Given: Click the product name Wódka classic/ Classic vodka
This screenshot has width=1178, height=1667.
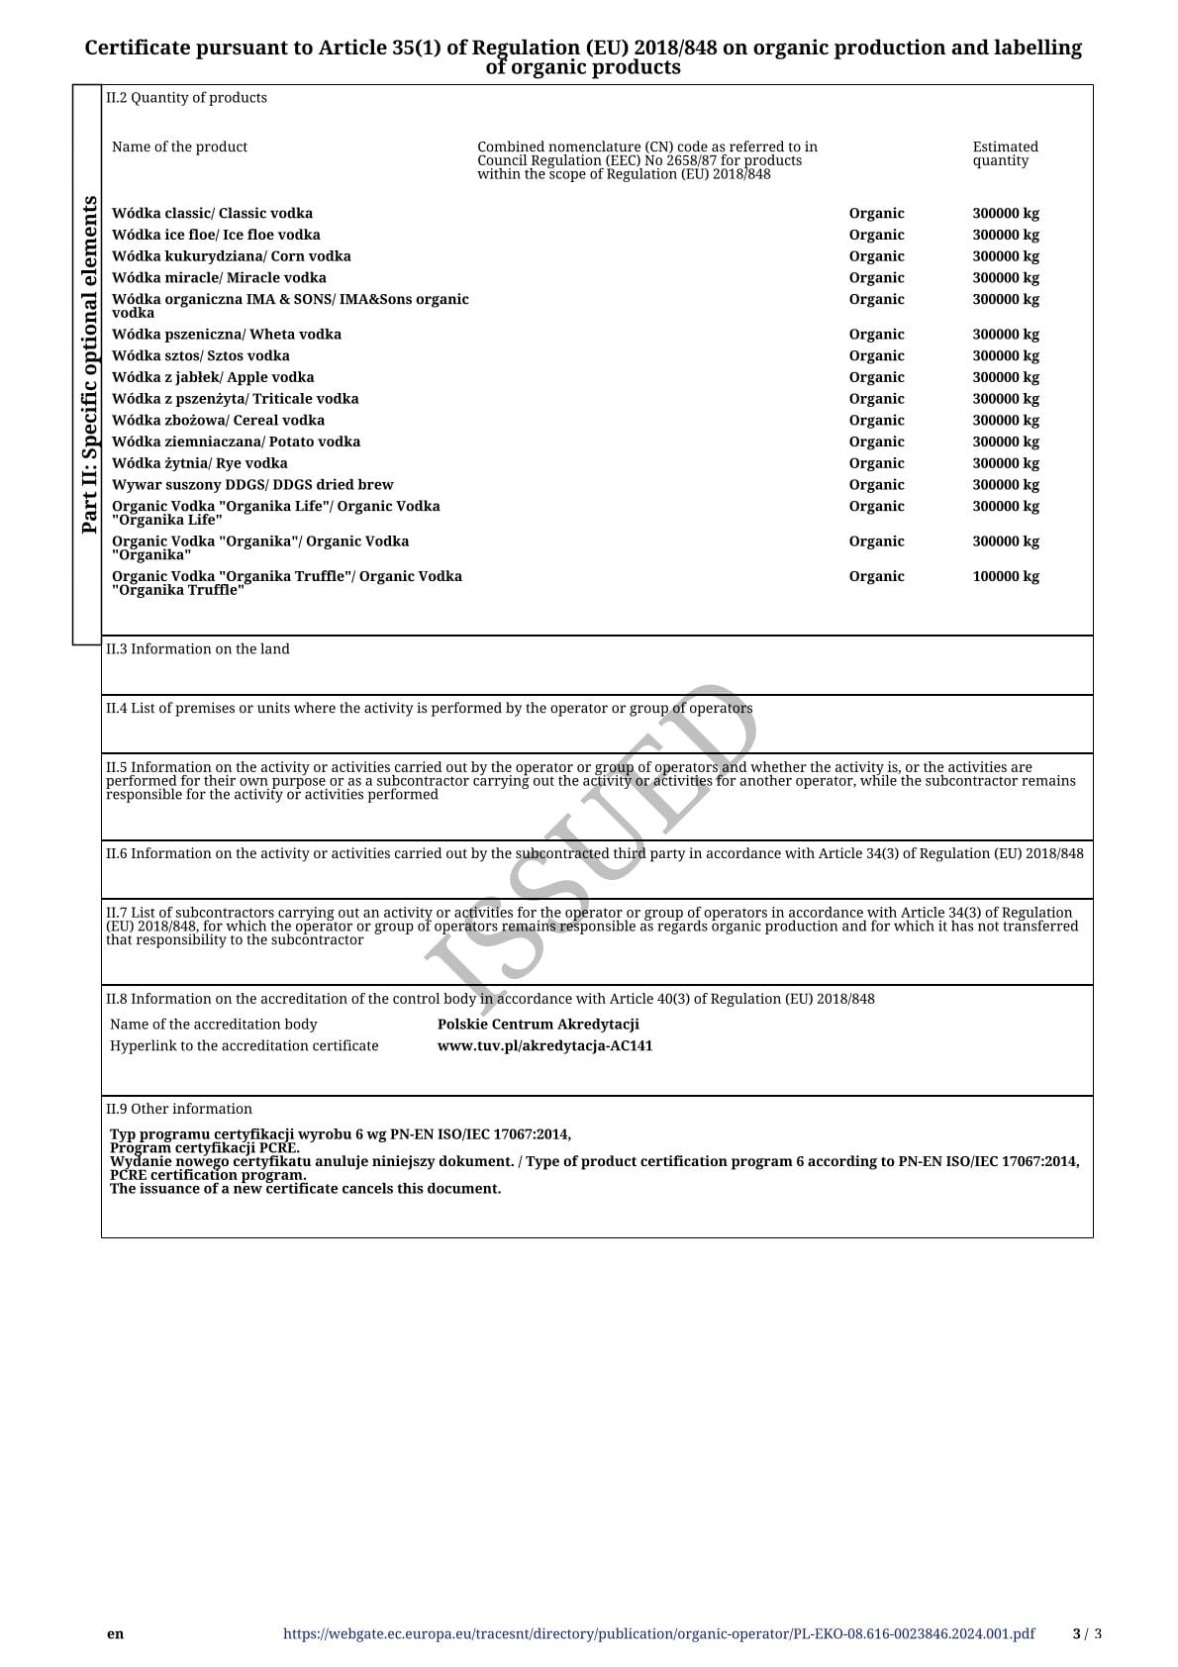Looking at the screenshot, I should (x=212, y=214).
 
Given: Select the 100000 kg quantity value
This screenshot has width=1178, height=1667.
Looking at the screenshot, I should (x=1005, y=577).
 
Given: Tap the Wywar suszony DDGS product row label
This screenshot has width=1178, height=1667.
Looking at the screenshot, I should (x=252, y=485).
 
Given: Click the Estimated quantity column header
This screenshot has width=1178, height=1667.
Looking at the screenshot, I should (x=1005, y=154).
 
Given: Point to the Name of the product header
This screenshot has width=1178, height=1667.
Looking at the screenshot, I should (x=179, y=147).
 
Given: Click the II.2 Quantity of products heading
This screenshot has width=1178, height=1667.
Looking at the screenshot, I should (x=186, y=98).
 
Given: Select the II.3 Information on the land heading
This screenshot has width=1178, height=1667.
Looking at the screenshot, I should (x=198, y=649).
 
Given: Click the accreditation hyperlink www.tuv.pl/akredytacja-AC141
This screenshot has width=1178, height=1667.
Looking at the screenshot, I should (x=544, y=1046).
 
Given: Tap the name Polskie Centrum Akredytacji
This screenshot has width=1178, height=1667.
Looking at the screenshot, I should (x=538, y=1025).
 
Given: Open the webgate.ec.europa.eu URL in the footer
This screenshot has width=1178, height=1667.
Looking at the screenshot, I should (x=658, y=1634).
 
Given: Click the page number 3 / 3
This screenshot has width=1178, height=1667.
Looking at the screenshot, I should (x=1087, y=1634).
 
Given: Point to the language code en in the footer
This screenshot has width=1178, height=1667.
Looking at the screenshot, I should (x=116, y=1634).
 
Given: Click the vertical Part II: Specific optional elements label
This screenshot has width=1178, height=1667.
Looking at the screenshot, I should (x=89, y=364).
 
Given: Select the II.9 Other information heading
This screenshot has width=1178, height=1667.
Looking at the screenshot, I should (x=179, y=1110).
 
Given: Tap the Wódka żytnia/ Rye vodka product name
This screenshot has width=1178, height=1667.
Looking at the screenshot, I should (x=200, y=463).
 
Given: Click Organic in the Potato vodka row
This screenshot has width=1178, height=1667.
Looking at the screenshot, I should (x=876, y=442).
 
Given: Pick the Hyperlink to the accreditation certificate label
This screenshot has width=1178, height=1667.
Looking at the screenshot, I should (x=245, y=1046).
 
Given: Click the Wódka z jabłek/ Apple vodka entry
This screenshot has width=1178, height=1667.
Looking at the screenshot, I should (x=213, y=377).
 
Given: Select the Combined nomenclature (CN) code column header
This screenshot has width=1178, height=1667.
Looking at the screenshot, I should (x=647, y=160).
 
